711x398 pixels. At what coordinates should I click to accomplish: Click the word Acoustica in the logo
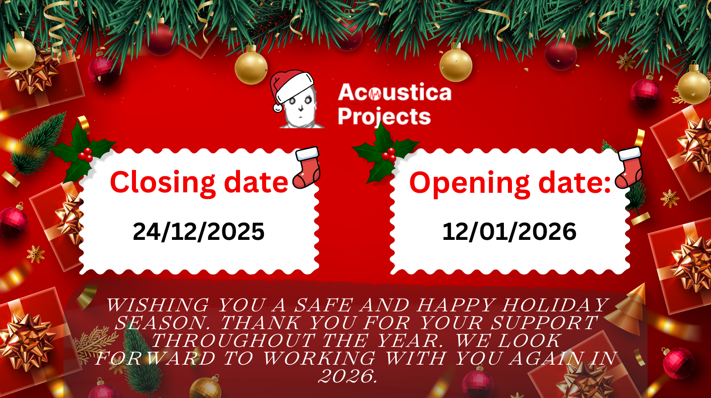coord(395,92)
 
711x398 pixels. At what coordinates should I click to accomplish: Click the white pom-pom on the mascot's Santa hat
coord(278,108)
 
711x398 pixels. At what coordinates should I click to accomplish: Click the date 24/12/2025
coord(198,231)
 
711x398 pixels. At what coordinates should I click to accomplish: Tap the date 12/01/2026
coord(509,231)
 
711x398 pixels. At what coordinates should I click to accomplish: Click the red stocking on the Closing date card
coord(306,167)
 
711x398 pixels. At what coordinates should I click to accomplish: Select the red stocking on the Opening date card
coord(628,167)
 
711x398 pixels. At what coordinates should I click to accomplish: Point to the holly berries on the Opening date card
coord(389,155)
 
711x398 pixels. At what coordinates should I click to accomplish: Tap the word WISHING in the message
coord(158,305)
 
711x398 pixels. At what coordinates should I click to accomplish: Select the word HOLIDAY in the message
coord(555,305)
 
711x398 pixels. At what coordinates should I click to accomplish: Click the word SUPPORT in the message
coord(544,323)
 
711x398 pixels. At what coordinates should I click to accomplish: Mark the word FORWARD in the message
coord(156,358)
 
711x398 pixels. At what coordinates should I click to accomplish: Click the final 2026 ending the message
coord(348,376)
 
